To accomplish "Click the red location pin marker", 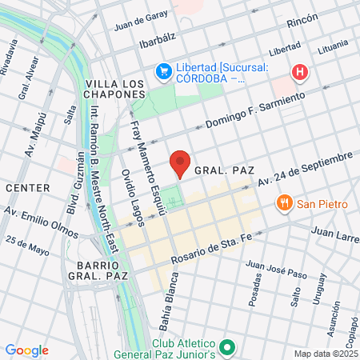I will point(181,163).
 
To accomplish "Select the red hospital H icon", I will point(300,73).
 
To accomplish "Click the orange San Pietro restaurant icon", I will point(283,203).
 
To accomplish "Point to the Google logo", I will point(26,350).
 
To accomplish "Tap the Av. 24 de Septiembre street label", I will point(305,170).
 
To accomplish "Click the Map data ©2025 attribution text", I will point(326,354).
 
